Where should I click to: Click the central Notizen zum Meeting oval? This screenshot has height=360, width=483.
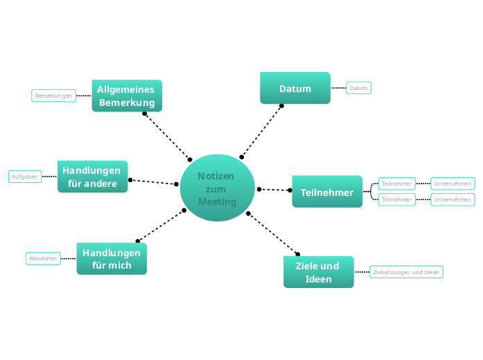(x=216, y=188)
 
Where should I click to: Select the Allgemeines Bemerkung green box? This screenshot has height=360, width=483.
(x=127, y=96)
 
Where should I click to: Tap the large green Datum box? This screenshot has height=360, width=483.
(x=295, y=88)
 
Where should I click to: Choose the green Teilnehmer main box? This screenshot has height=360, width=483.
(x=326, y=192)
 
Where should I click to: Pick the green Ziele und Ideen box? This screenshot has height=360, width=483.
(x=318, y=272)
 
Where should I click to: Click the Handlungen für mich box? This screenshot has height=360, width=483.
(x=112, y=258)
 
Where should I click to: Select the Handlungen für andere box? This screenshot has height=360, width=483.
(x=92, y=177)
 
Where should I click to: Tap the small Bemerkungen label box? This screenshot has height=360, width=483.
(x=53, y=96)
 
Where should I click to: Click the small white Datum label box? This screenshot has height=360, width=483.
(x=358, y=88)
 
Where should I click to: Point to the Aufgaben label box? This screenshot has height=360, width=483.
(x=24, y=177)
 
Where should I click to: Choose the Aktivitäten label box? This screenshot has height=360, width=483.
(x=42, y=258)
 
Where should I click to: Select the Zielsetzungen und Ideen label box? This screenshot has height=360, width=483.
(x=406, y=272)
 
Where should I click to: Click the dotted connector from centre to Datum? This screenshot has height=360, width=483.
(x=262, y=132)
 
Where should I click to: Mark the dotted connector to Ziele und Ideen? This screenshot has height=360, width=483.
(x=272, y=233)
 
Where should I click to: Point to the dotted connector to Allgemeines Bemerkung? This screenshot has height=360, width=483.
(x=167, y=136)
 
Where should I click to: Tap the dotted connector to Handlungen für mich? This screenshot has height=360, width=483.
(x=161, y=226)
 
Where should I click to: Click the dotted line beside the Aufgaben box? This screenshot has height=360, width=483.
(x=49, y=177)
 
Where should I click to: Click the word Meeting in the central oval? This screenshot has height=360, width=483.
(x=217, y=201)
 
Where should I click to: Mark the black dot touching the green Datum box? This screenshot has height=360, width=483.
(x=282, y=105)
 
